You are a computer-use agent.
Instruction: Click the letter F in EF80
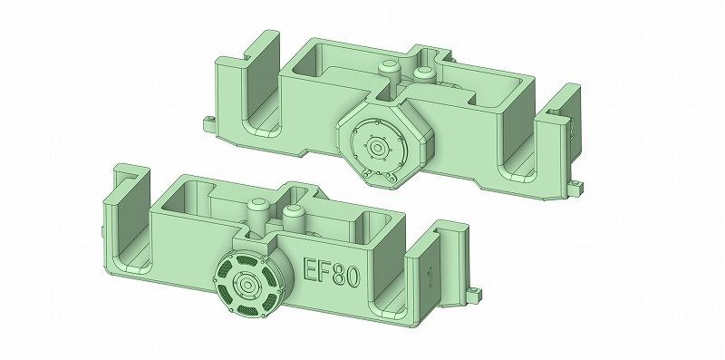click(x=327, y=269)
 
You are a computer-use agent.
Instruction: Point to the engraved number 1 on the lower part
click(x=429, y=273)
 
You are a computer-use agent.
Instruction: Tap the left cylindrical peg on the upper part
click(x=389, y=70)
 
